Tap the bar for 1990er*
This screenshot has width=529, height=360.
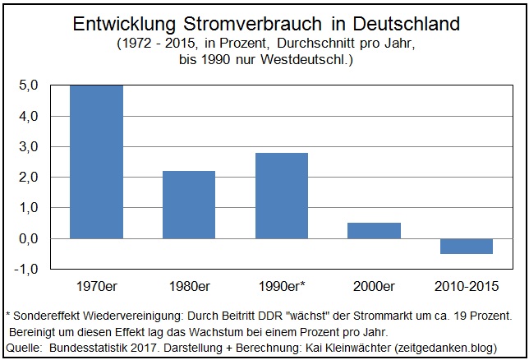coord(282,196)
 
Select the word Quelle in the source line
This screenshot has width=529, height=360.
coord(22,348)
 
